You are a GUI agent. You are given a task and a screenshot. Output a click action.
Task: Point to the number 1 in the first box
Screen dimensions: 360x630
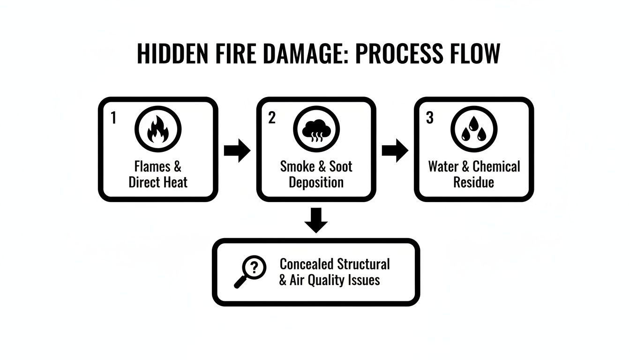coord(113,118)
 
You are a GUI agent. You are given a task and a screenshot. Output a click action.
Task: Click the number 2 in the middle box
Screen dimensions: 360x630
coord(271,118)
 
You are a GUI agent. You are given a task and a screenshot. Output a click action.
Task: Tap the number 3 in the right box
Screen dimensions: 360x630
coord(429,118)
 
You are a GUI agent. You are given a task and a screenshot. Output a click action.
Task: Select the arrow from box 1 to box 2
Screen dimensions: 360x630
coord(237,150)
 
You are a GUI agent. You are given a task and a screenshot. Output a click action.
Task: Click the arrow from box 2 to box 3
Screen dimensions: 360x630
coord(395,150)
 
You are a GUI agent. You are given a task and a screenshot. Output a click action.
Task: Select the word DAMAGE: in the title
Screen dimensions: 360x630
coord(305,54)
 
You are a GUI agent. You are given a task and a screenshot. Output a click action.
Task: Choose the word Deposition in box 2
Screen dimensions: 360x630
coord(316,182)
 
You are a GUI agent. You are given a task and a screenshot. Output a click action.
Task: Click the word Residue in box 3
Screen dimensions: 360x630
coord(473,182)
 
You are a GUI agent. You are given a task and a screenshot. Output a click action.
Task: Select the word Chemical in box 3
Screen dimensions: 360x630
coord(496,166)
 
